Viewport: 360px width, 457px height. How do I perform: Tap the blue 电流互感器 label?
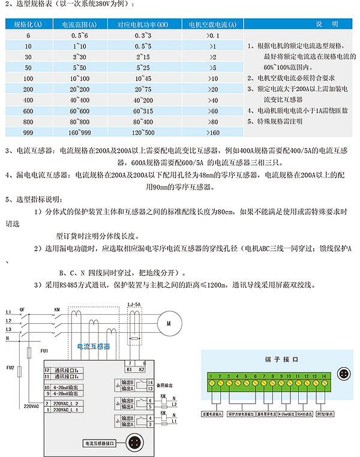90,347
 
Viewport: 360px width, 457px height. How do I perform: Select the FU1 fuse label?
44,350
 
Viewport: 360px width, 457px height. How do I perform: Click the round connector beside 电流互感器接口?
133,444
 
